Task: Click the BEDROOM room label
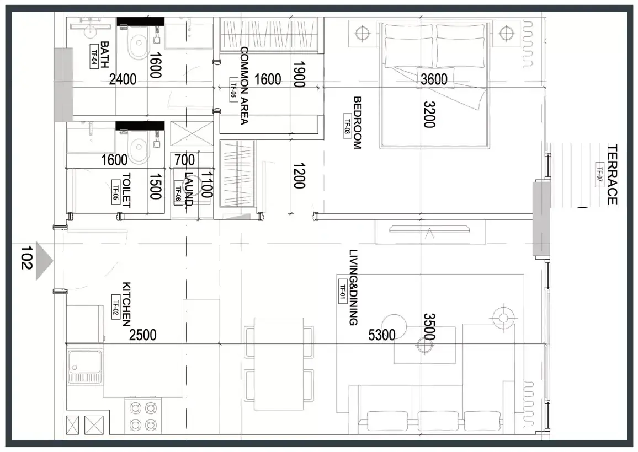pos(357,123)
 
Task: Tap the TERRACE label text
pos(613,174)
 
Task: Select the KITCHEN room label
pos(126,304)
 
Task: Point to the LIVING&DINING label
pos(353,287)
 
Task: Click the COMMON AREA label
pos(244,85)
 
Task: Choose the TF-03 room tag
pos(347,126)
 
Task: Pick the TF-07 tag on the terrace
pos(599,174)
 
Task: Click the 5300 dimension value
pos(382,335)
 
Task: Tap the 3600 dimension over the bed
pos(434,79)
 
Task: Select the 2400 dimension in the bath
pos(123,79)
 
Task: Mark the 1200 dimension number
pos(299,176)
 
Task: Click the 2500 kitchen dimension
pos(143,335)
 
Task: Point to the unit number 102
pos(26,257)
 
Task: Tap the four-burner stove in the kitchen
pos(143,416)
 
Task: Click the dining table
pos(279,364)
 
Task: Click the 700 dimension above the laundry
pos(184,160)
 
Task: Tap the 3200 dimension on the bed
pos(429,115)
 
